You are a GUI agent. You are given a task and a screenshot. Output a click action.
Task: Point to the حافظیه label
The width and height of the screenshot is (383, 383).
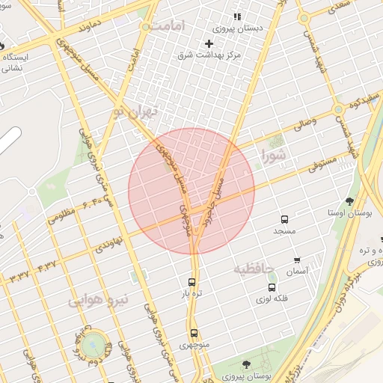(254, 268)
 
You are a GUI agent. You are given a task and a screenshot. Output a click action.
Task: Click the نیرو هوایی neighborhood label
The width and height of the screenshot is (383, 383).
(99, 300)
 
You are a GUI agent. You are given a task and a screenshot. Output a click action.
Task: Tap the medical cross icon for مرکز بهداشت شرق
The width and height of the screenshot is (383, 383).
(209, 43)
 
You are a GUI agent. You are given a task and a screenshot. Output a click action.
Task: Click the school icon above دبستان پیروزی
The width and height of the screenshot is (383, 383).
(238, 16)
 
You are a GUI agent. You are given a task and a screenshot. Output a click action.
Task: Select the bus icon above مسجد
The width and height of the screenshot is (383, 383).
(284, 219)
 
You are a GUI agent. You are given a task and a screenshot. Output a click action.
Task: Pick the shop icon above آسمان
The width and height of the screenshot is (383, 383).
(298, 261)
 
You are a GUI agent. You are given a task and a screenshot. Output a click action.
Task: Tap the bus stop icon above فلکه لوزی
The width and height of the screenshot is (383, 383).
(272, 287)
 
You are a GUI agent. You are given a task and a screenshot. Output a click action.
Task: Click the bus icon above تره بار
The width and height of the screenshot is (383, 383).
(192, 283)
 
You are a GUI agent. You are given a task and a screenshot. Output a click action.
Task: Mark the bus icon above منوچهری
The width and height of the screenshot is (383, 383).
(194, 333)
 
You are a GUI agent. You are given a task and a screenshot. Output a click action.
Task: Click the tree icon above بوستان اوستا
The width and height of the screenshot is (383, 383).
(349, 200)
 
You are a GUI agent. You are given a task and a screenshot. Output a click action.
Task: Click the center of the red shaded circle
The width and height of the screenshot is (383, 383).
(191, 191)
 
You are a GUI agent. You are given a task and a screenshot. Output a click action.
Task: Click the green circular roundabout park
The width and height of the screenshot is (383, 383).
(93, 345)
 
